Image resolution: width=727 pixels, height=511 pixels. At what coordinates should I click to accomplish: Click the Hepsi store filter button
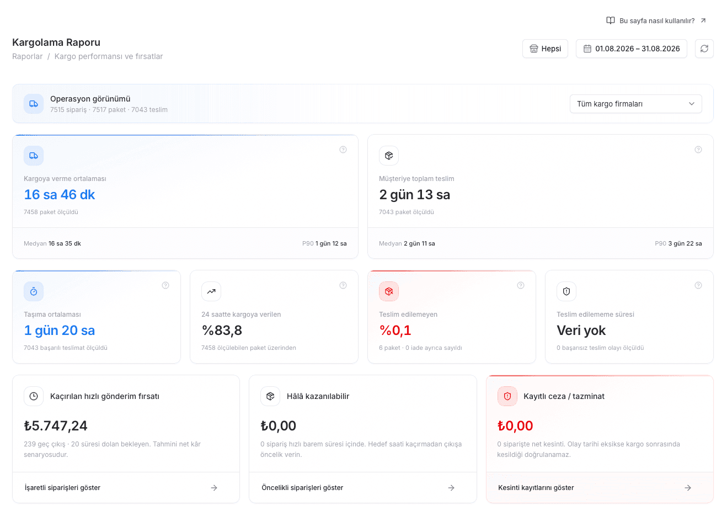coord(545,49)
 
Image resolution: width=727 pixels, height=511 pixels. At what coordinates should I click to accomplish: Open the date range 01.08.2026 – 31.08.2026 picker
coord(631,49)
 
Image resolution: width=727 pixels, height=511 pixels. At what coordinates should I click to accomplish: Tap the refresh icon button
coord(704,49)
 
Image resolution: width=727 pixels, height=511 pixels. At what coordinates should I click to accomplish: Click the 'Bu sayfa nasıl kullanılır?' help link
coord(656,21)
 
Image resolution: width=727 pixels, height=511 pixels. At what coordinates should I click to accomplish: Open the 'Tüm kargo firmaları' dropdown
coord(636,104)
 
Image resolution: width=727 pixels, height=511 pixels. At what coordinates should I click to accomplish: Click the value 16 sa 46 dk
coord(60,194)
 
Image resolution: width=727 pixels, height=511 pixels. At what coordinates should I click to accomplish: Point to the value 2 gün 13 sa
coord(414,194)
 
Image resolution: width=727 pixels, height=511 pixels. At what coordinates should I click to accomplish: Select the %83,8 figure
coord(222,331)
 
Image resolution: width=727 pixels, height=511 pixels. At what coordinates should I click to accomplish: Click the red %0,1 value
coord(395,331)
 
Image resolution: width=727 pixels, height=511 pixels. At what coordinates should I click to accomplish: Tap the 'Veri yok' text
coord(581,331)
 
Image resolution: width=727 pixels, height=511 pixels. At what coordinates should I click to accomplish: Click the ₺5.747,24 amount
coord(56,425)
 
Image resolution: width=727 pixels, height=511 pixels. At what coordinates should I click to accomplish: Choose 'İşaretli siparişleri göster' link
coord(62,488)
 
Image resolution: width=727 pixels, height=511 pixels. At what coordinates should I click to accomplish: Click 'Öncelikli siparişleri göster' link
coord(302,488)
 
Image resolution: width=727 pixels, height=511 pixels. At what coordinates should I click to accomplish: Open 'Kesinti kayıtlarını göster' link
coord(536,488)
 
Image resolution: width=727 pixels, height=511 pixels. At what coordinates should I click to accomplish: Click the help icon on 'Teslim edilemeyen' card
coord(521,285)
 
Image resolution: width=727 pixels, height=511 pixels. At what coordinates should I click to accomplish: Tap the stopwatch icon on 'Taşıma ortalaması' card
coord(34,291)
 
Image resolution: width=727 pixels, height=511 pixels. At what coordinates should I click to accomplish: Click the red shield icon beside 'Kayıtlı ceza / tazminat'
coord(507,396)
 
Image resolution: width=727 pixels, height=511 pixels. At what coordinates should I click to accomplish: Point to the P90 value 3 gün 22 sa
coord(685,243)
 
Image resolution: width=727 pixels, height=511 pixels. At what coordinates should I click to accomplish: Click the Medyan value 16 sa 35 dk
coord(65,243)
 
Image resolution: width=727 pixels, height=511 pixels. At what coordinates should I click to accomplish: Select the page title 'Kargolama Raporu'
coord(56,42)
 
